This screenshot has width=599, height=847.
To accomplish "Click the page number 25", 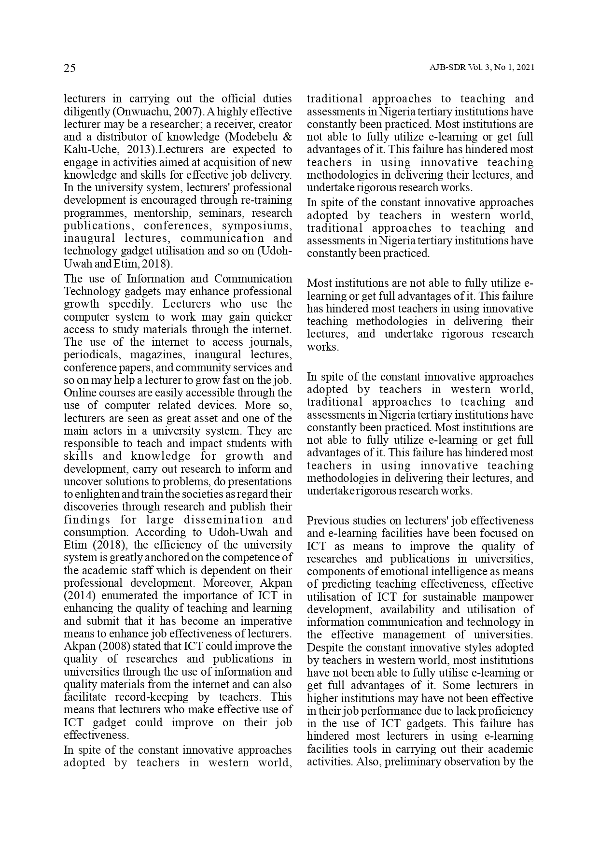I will (x=70, y=68).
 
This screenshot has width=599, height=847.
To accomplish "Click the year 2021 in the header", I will (x=525, y=68).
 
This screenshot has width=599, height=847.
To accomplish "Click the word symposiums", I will (x=257, y=226).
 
